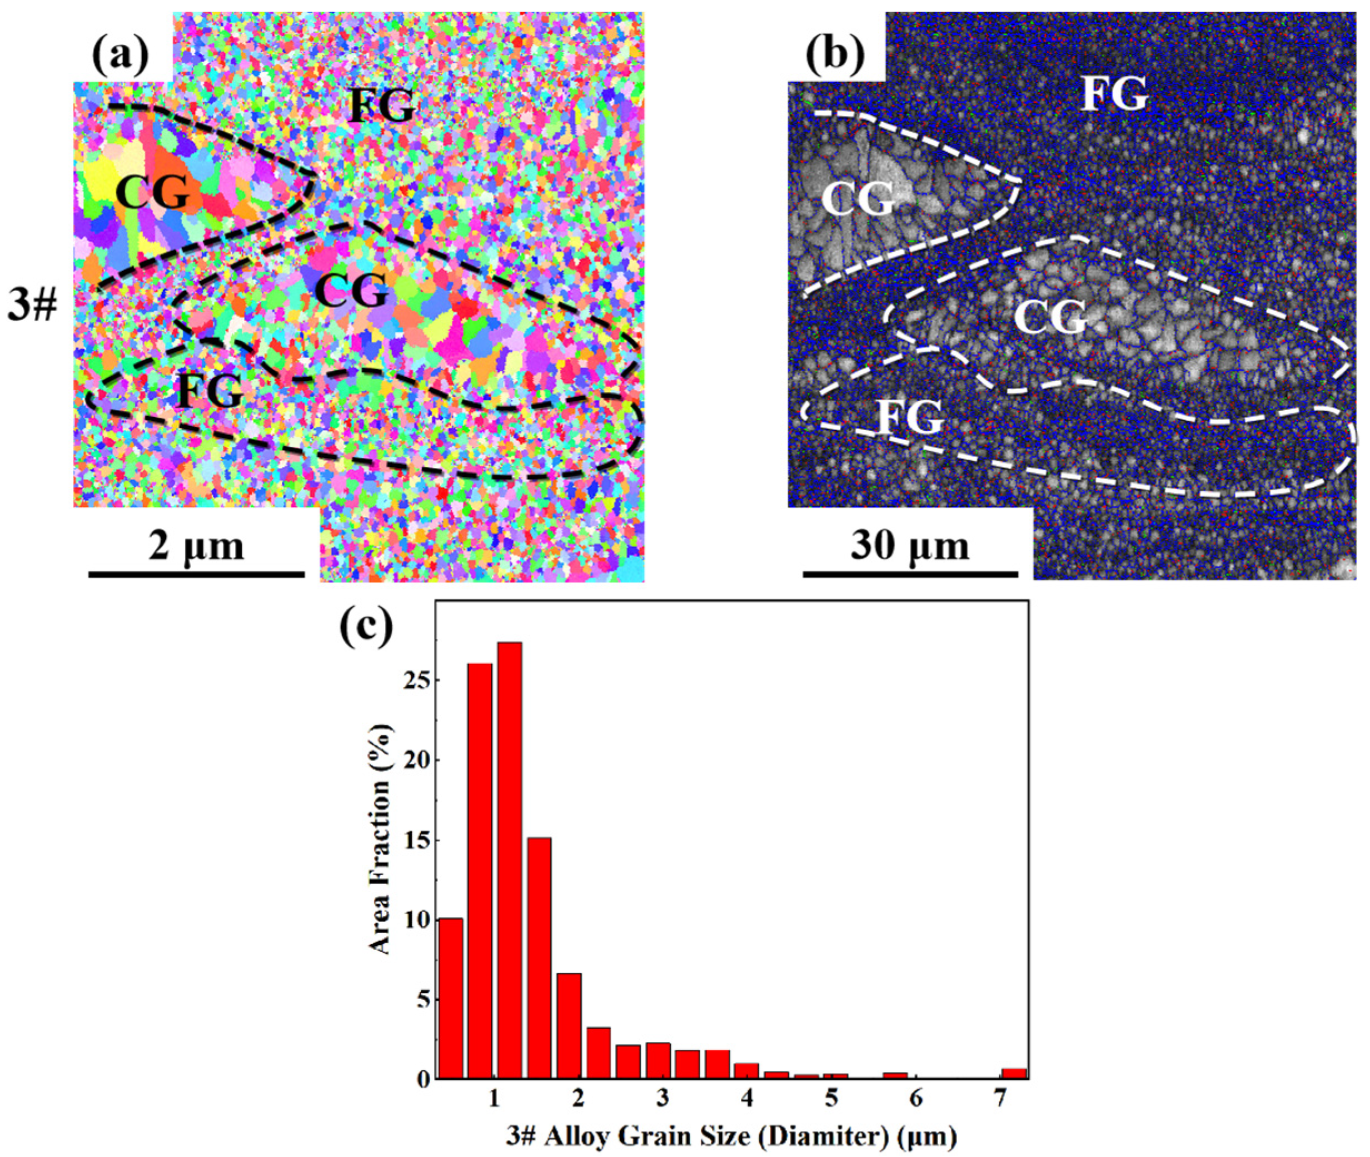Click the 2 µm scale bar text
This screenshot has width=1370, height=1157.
[x=196, y=546]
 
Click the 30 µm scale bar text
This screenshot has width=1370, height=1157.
[x=910, y=546]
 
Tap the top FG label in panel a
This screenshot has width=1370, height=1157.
[x=381, y=105]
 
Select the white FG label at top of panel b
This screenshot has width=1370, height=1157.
[x=1115, y=94]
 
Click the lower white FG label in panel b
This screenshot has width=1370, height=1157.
[x=911, y=418]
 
